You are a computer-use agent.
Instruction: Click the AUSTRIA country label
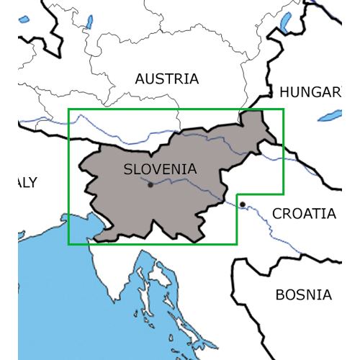pyautogui.click(x=166, y=79)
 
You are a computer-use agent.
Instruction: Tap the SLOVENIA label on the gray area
pyautogui.click(x=160, y=169)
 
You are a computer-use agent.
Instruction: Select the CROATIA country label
pyautogui.click(x=305, y=213)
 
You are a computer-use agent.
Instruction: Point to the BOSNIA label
pyautogui.click(x=304, y=294)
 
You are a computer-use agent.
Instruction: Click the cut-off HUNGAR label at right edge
pyautogui.click(x=310, y=92)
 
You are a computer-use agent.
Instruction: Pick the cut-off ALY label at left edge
pyautogui.click(x=27, y=182)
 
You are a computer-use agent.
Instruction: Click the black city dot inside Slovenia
pyautogui.click(x=150, y=184)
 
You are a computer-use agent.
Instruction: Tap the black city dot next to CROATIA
pyautogui.click(x=243, y=204)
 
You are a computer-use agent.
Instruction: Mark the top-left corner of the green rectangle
pyautogui.click(x=68, y=109)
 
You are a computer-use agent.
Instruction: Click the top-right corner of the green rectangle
pyautogui.click(x=284, y=109)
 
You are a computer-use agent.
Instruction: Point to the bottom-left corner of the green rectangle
pyautogui.click(x=68, y=244)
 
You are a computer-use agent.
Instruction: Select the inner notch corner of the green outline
pyautogui.click(x=237, y=194)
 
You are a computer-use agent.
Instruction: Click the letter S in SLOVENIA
pyautogui.click(x=128, y=169)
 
